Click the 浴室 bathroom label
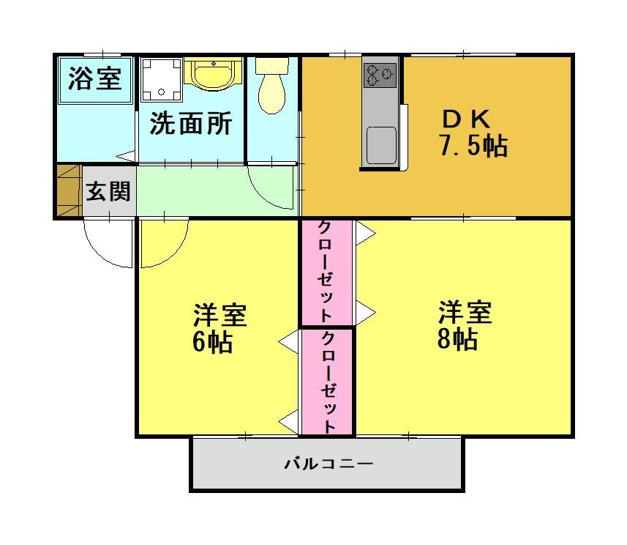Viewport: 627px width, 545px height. pos(95,78)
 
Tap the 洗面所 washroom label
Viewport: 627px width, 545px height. pos(191,123)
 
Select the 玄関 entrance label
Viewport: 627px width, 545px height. pos(108,191)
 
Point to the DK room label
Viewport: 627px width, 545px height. pos(466,119)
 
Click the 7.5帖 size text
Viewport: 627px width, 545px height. pos(473,145)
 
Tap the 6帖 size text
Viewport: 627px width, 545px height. pos(212,341)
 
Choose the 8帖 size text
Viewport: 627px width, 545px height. pos(457,338)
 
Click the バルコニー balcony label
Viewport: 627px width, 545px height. pos(328,464)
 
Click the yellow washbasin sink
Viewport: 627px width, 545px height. pos(213,74)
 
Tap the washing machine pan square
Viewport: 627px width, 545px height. pos(162,80)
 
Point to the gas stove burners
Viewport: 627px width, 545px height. pos(380,75)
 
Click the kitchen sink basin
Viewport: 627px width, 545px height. pos(381,145)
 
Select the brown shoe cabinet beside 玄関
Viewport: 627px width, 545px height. pos(70,190)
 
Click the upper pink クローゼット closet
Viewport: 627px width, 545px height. pos(326,272)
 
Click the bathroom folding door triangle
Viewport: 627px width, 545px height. pos(127,156)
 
